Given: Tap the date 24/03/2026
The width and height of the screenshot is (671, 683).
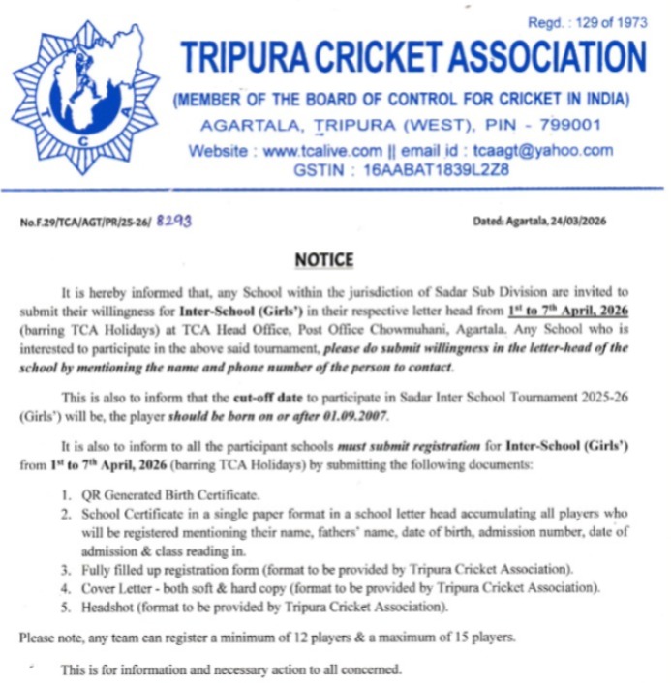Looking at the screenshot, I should [573, 222].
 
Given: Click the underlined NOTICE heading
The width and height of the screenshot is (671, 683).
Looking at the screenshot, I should [324, 259].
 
